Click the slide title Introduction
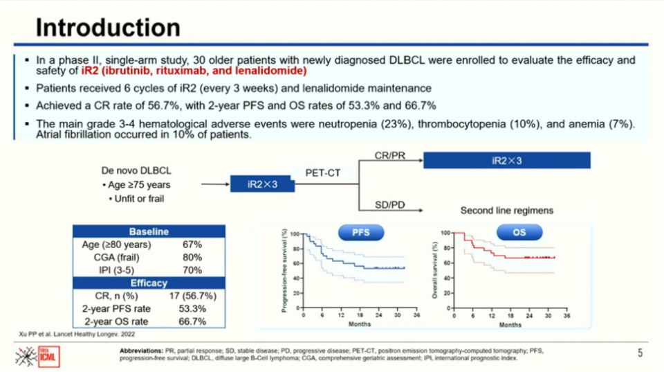pyautogui.click(x=108, y=28)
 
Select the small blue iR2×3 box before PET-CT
pyautogui.click(x=264, y=184)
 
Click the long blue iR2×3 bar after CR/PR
pyautogui.click(x=506, y=161)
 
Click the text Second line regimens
pyautogui.click(x=507, y=211)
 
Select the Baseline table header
pyautogui.click(x=149, y=231)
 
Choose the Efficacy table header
pyautogui.click(x=149, y=283)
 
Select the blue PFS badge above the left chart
pyautogui.click(x=360, y=233)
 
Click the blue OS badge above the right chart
pyautogui.click(x=519, y=233)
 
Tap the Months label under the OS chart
pyautogui.click(x=510, y=325)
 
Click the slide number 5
pyautogui.click(x=640, y=353)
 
